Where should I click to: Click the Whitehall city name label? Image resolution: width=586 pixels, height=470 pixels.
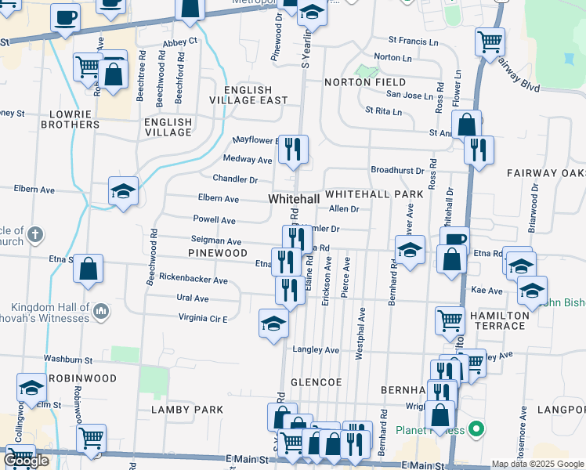293,200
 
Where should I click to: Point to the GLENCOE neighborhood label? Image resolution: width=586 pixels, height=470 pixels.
317,381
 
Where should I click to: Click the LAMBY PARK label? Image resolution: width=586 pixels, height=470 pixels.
187,410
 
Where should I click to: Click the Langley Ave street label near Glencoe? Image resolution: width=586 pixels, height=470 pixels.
316,349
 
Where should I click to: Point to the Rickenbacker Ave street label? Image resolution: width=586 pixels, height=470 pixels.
193,280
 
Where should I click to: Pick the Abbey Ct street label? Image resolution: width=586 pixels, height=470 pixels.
179,42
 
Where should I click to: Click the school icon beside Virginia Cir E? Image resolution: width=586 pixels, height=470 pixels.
273,323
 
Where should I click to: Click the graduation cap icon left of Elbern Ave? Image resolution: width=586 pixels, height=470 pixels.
124,192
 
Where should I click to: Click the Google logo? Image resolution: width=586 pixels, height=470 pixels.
26,461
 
